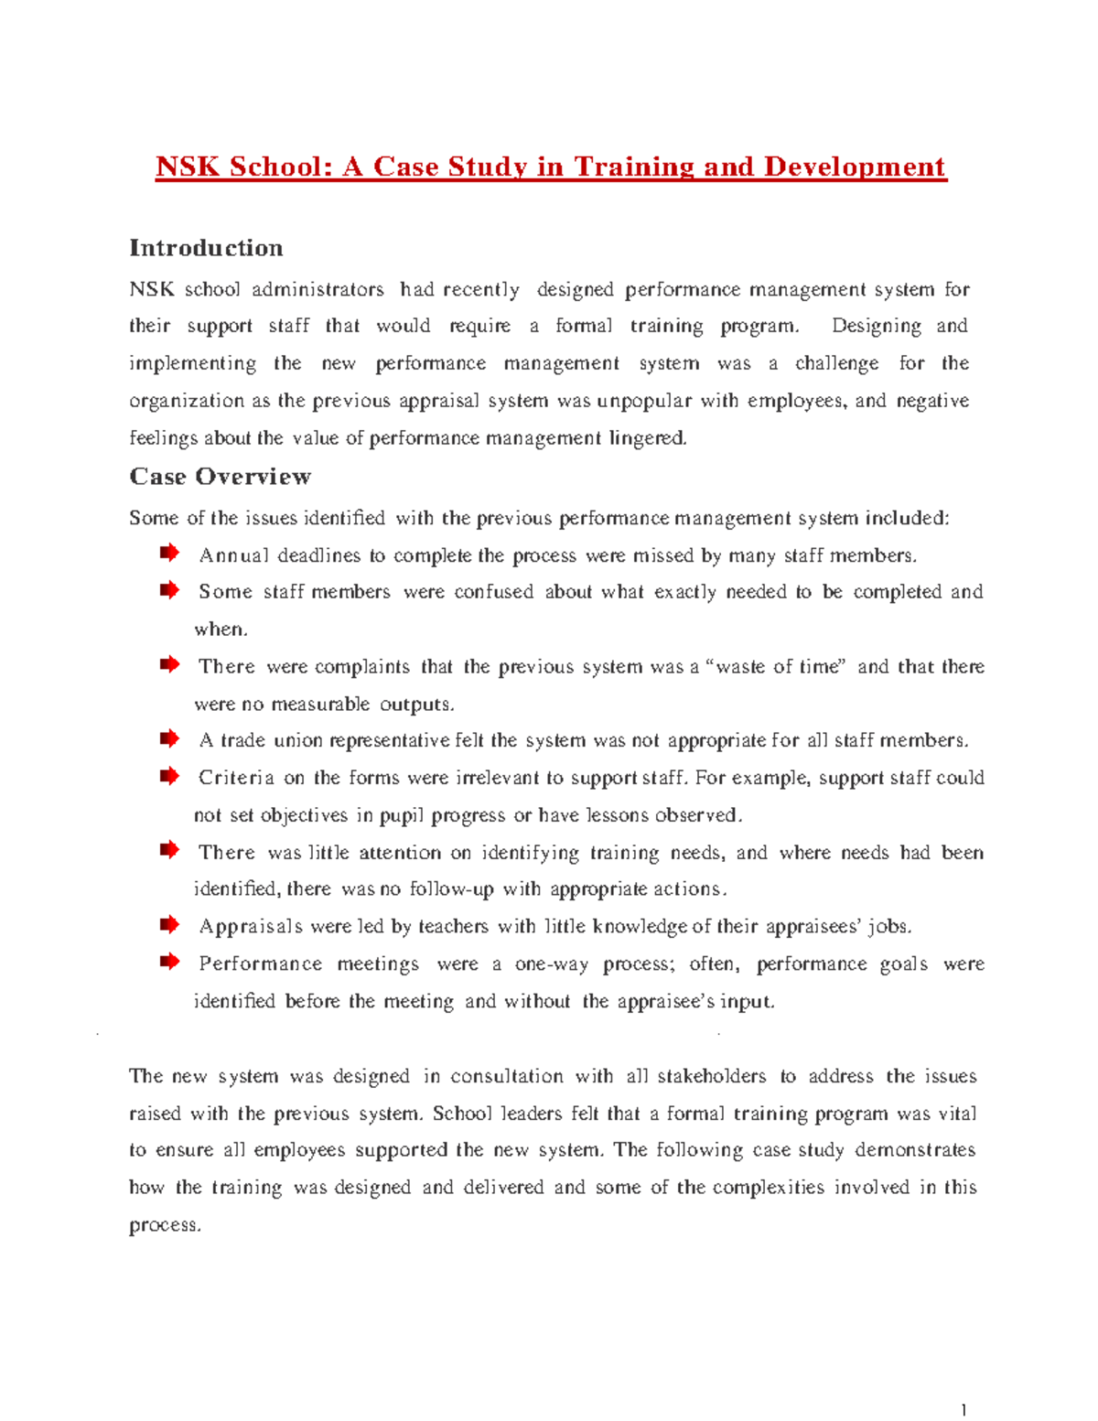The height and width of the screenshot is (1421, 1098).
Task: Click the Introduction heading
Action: [x=206, y=248]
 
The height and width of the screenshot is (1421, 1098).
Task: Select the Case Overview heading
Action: [x=220, y=477]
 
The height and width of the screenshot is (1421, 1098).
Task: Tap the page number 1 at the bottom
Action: [x=963, y=1409]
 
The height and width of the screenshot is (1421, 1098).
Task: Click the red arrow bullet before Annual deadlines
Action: [x=169, y=553]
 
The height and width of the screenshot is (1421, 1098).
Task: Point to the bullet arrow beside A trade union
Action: [x=169, y=738]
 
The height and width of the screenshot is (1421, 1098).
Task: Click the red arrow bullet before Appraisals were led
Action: [x=169, y=925]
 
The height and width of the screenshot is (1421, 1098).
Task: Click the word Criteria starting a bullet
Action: [x=236, y=778]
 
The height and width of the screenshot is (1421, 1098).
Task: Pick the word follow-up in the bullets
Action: [x=451, y=889]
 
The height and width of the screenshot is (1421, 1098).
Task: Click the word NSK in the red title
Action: [x=188, y=167]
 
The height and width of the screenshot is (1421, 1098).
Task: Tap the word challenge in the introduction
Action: [x=836, y=364]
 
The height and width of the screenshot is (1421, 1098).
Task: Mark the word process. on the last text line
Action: [x=165, y=1226]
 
